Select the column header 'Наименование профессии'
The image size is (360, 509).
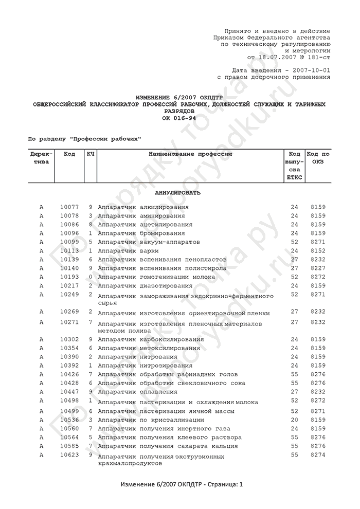coord(190,154)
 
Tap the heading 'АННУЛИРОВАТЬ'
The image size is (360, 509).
coord(178,193)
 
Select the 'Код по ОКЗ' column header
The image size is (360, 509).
coord(318,158)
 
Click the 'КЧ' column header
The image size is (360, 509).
coord(91,154)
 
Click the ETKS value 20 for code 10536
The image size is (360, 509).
coord(294,420)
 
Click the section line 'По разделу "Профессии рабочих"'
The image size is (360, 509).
coord(84,139)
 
